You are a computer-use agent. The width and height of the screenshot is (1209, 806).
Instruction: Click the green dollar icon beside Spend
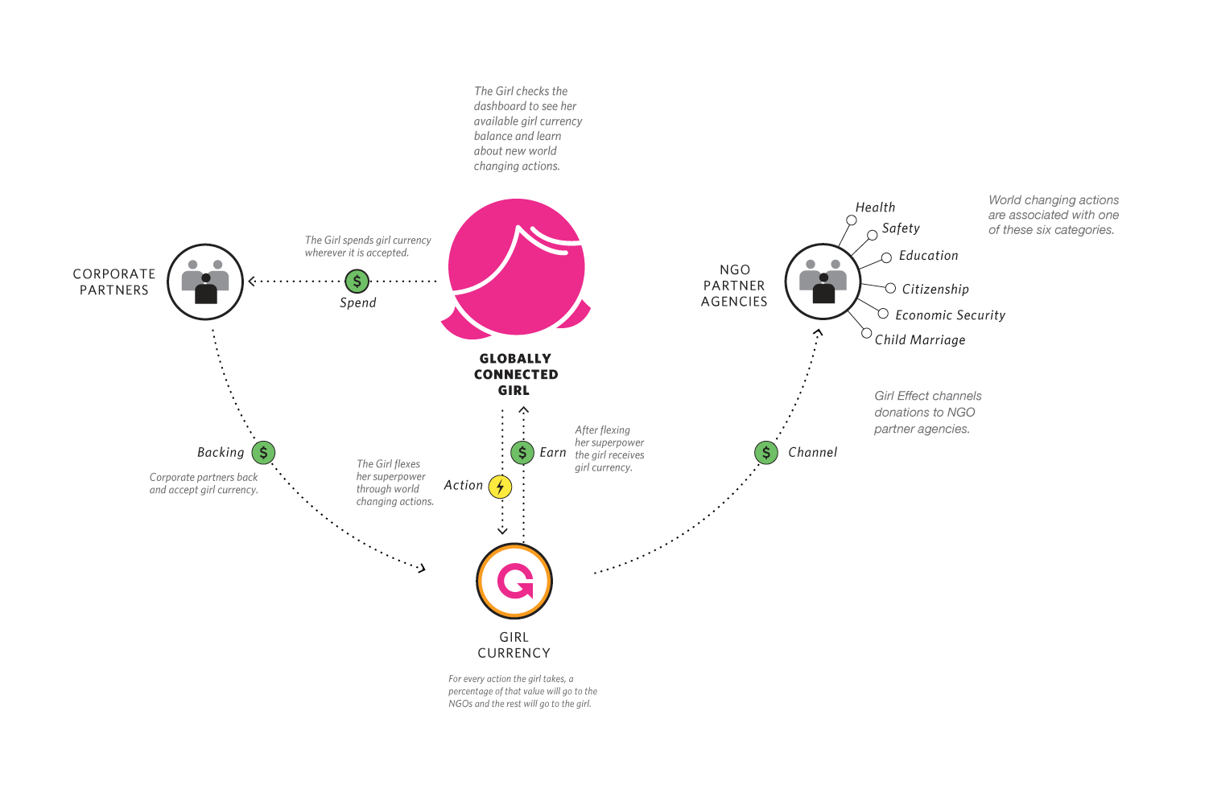(x=357, y=282)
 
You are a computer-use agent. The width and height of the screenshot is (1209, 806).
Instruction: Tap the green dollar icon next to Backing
(x=263, y=453)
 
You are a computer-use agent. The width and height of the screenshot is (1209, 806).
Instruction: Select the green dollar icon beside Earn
(x=522, y=452)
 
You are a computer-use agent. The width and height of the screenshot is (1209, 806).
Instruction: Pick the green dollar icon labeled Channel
(x=765, y=453)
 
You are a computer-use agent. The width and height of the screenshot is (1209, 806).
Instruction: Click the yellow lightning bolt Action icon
(x=500, y=487)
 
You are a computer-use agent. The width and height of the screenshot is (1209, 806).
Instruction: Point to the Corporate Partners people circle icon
(x=205, y=282)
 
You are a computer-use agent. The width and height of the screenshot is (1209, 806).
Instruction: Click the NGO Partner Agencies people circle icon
(x=823, y=282)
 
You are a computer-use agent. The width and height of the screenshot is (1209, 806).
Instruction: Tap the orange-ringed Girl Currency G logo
(x=514, y=581)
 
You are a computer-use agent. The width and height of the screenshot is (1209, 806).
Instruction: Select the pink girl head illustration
(x=516, y=268)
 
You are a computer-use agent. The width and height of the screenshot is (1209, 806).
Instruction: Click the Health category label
(x=875, y=208)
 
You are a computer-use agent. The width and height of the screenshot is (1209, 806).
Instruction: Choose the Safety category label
(x=901, y=228)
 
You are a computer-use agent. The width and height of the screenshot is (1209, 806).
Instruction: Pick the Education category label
(x=928, y=256)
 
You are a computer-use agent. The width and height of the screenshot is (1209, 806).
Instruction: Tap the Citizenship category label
(x=935, y=290)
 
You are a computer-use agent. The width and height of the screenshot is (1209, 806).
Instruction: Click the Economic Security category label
(x=950, y=315)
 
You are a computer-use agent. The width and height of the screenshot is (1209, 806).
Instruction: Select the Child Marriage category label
(x=920, y=340)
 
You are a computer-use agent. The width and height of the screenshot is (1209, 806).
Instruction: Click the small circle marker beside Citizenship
(x=890, y=288)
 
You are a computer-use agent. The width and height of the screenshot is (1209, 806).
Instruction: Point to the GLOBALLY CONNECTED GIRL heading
(x=515, y=375)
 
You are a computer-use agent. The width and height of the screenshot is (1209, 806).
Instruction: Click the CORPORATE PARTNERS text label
(x=114, y=282)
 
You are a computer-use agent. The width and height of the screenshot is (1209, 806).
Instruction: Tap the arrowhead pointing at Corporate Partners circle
(x=252, y=282)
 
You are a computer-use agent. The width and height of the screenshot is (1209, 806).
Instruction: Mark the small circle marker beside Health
(x=851, y=220)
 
